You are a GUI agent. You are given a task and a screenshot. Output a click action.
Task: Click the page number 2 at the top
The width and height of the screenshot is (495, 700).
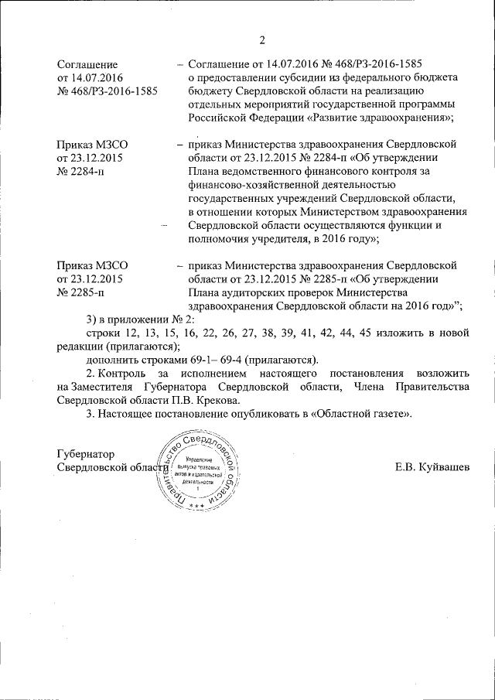pos(262,39)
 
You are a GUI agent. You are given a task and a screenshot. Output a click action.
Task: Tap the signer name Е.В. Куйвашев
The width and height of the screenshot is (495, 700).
pos(432,468)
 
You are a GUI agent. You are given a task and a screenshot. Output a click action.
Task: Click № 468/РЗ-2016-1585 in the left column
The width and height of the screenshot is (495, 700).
pos(108,90)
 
